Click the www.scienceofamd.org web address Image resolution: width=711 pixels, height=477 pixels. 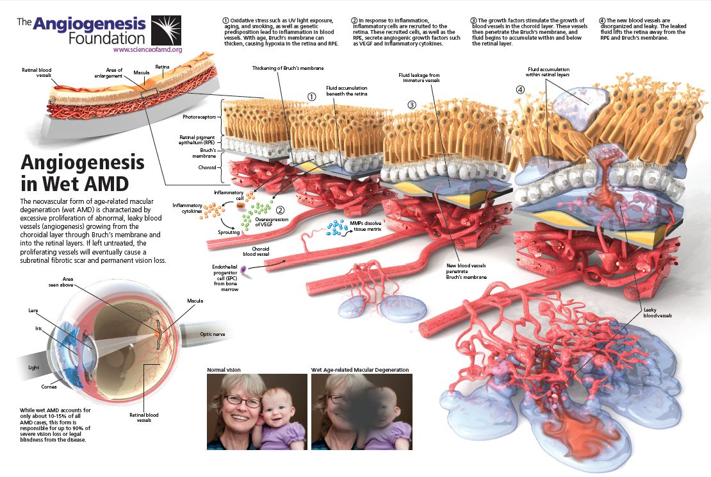147,49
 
